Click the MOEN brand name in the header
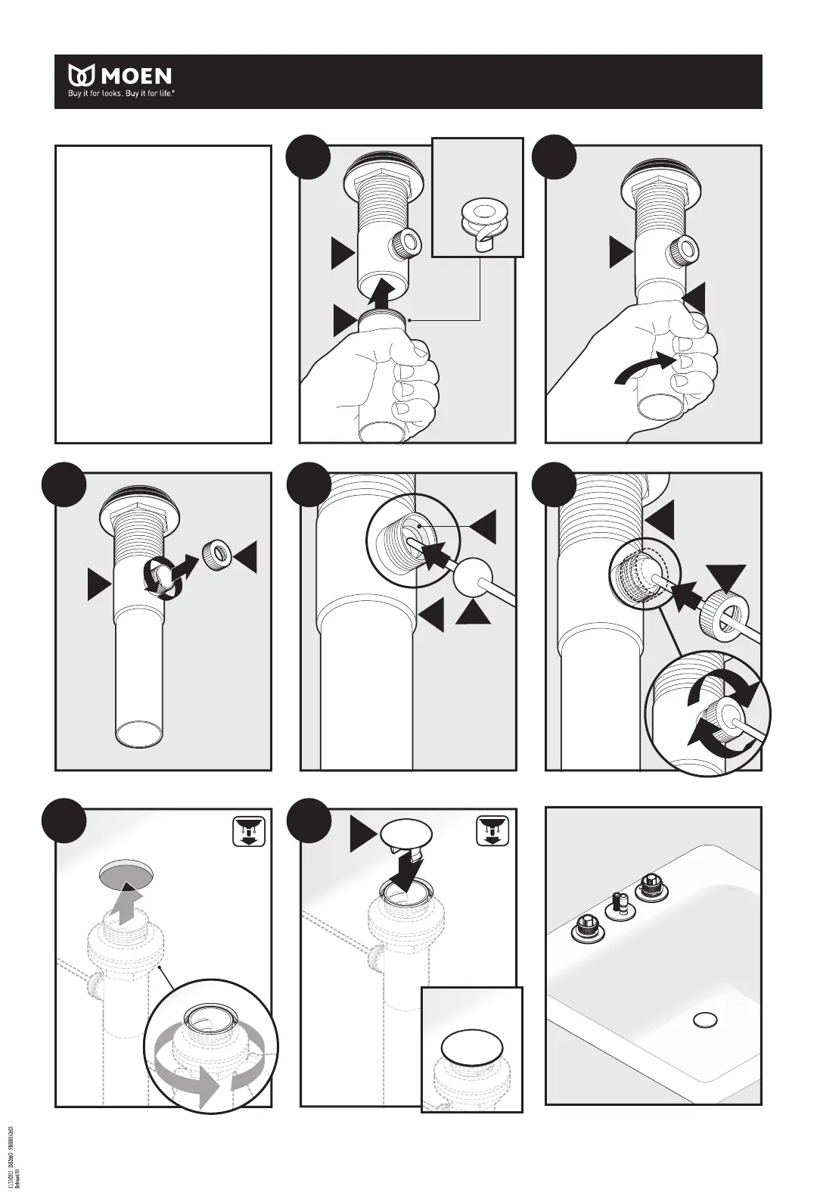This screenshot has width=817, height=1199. pos(137,76)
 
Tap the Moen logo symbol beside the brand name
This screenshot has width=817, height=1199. pos(82,76)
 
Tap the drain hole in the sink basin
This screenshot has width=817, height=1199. pos(705,1020)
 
